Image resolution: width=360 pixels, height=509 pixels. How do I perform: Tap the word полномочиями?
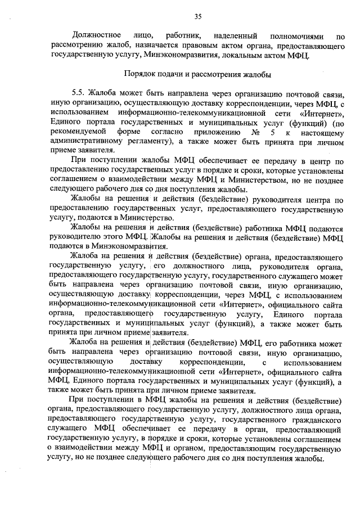coord(298,35)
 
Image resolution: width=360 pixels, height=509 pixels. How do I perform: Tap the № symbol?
coord(256,132)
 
